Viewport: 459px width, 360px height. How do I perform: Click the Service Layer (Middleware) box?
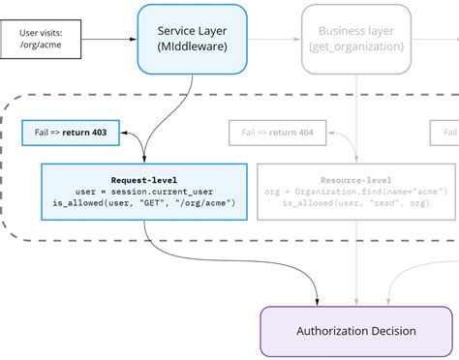click(x=192, y=39)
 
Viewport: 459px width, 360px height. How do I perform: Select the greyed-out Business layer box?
click(x=356, y=39)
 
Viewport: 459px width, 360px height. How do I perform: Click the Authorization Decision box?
click(x=355, y=331)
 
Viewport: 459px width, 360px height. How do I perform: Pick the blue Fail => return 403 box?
click(x=71, y=133)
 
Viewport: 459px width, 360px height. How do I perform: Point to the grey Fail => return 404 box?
click(x=277, y=133)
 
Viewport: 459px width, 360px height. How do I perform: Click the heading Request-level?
click(x=143, y=179)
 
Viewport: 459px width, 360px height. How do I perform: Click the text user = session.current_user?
click(x=142, y=191)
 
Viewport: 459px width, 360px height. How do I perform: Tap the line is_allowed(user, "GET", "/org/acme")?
click(x=143, y=202)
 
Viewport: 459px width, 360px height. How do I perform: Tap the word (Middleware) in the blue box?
click(x=192, y=47)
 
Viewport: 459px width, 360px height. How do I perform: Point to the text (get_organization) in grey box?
click(x=356, y=47)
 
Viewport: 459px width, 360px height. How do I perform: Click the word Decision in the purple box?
click(x=388, y=331)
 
